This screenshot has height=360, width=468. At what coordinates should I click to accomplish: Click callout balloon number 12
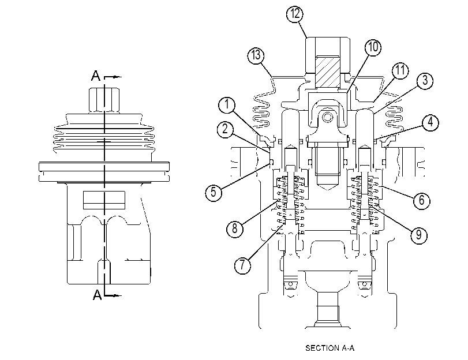click(x=295, y=14)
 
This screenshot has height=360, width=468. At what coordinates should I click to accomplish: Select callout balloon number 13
click(x=256, y=55)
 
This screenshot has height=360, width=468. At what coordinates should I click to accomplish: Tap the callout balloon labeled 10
click(x=373, y=47)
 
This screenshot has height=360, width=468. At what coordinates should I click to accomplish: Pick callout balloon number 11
click(x=400, y=70)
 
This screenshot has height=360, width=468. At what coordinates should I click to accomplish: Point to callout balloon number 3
click(x=425, y=80)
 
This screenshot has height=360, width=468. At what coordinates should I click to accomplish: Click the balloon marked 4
click(x=430, y=122)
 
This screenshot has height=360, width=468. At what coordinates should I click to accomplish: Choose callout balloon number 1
click(x=227, y=104)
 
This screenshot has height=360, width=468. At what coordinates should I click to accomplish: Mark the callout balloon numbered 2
click(x=226, y=129)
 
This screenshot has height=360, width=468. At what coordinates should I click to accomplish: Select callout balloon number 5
click(x=214, y=192)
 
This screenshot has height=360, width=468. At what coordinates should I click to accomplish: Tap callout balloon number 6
click(x=421, y=200)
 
